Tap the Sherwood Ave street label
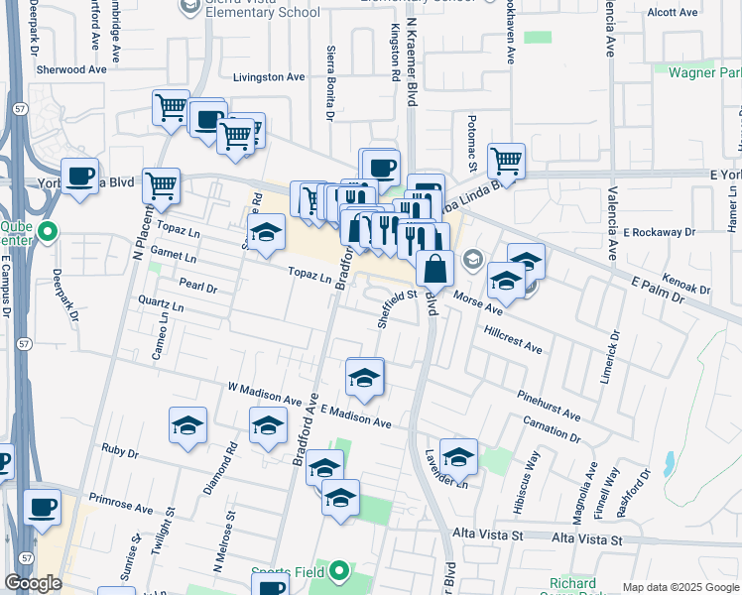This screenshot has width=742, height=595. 70,70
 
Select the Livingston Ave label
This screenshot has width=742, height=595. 269,76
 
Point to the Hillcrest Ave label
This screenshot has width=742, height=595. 513,340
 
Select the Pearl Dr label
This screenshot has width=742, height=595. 197,286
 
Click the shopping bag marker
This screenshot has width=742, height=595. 435,267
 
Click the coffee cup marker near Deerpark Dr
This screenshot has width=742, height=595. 80,175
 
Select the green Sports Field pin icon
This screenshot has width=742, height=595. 340,571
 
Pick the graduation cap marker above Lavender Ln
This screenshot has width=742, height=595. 458,455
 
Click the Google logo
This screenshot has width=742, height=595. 33,583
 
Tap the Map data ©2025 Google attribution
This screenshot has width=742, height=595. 680,587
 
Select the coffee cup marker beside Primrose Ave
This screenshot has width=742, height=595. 42,506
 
